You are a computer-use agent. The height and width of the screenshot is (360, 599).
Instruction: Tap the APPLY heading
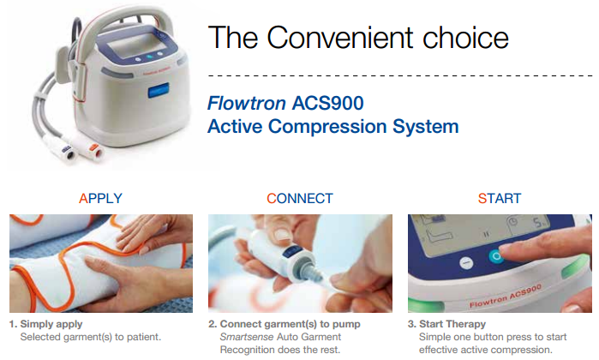pos(100,198)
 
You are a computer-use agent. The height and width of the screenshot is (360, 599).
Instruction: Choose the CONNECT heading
pos(300,198)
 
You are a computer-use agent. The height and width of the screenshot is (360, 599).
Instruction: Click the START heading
pos(500,198)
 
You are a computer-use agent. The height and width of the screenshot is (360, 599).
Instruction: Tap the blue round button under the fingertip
pos(494,256)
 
